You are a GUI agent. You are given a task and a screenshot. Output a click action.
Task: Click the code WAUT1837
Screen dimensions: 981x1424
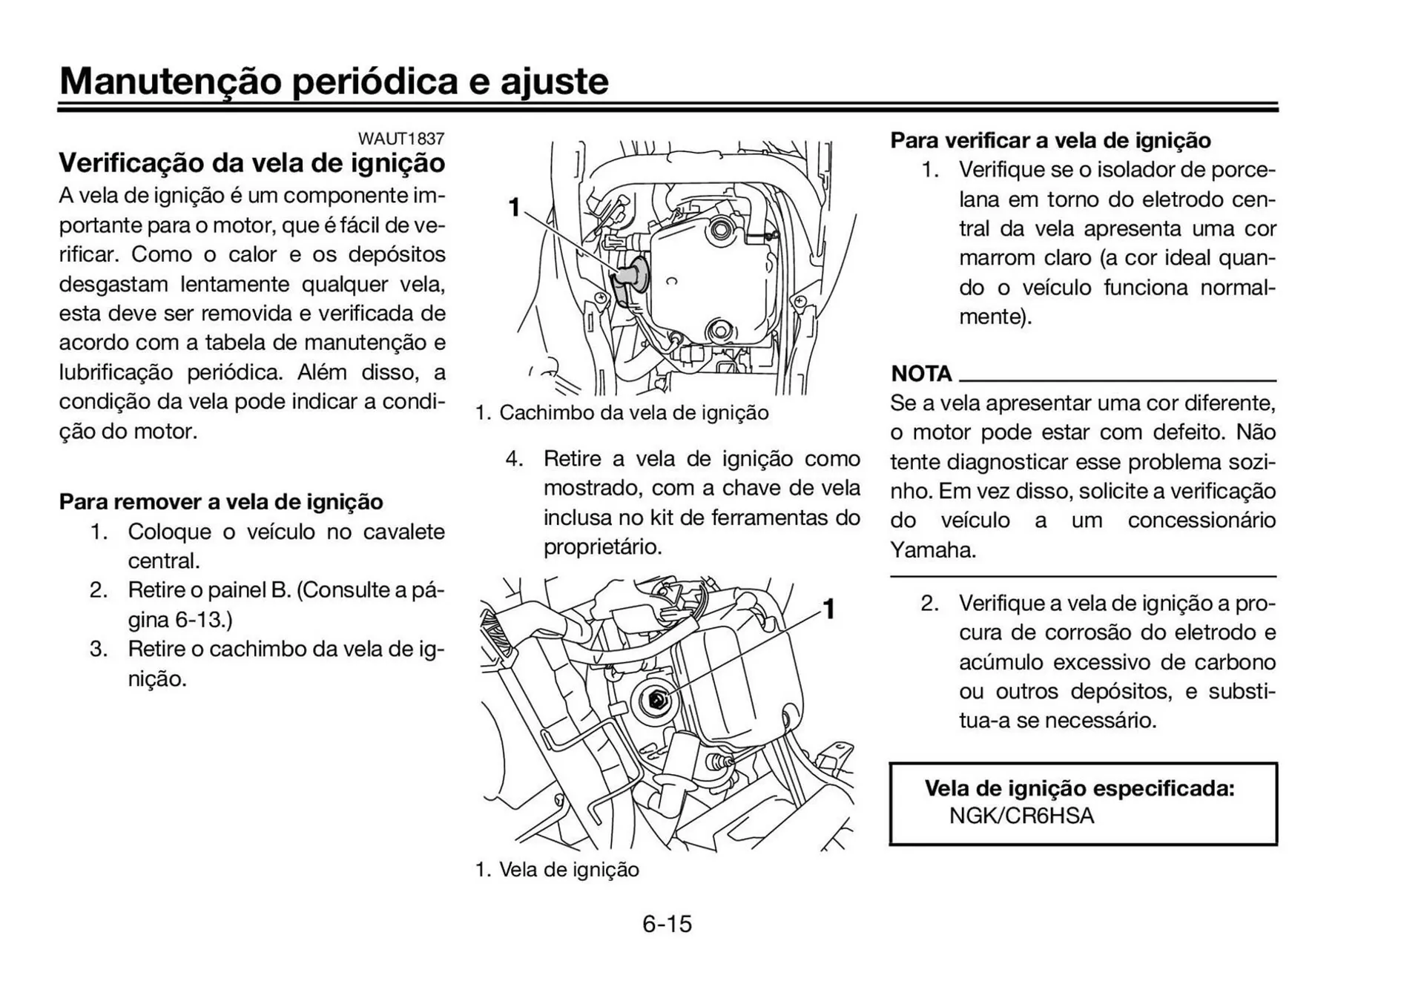coord(400,139)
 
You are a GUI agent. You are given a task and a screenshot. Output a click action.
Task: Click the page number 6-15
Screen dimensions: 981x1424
coord(667,924)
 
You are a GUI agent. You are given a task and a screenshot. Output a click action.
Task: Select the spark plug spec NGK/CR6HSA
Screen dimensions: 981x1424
coord(1021,816)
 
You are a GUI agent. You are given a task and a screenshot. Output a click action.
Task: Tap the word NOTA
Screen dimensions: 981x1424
coord(921,374)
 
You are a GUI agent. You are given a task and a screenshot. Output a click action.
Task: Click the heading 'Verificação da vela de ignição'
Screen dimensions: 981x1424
coord(252,163)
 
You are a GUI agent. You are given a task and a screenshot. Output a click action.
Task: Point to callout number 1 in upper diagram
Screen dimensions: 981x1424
coord(513,208)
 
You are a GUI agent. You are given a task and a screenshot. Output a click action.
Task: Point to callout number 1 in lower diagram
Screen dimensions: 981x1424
coord(829,610)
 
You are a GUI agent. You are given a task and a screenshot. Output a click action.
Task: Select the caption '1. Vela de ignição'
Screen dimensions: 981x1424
coord(557,870)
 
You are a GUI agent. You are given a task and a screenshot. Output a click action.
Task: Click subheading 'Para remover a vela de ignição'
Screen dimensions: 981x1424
coord(221,502)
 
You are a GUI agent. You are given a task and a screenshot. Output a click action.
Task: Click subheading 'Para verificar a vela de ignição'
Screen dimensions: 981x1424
coord(1050,141)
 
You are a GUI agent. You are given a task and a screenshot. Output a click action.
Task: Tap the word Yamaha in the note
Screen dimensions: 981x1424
coord(932,550)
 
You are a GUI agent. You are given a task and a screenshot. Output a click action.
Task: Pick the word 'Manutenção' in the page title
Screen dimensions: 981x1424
coord(170,82)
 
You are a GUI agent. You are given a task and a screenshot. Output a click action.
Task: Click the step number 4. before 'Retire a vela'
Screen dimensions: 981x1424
coord(514,459)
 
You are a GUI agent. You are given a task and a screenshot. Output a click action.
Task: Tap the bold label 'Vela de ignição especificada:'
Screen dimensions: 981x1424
coord(1079,788)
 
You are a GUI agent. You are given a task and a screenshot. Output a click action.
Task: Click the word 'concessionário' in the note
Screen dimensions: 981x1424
coord(1201,521)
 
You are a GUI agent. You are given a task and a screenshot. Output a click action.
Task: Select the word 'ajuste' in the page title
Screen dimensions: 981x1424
coord(554,82)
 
